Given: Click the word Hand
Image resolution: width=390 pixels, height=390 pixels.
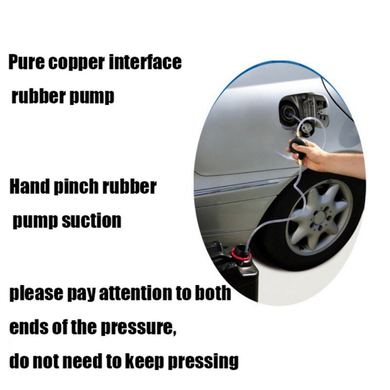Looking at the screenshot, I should click(x=28, y=187).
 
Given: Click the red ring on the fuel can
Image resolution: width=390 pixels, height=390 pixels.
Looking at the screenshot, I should click(x=241, y=254).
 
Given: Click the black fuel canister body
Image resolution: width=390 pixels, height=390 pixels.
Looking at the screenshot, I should click(x=229, y=273).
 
